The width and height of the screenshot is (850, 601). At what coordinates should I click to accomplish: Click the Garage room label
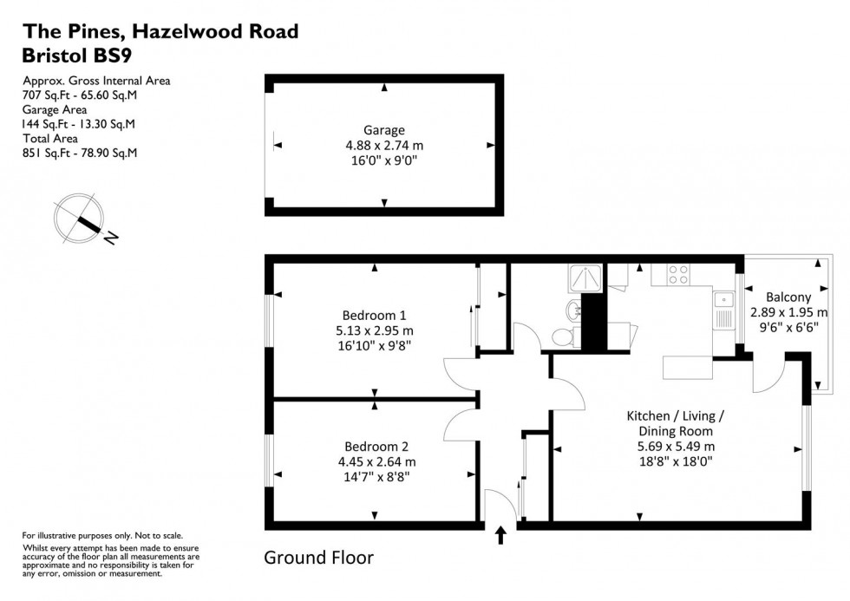tap(384, 131)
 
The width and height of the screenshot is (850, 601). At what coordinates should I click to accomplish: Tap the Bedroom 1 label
tap(374, 315)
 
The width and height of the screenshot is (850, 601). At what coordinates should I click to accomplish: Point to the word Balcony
tap(788, 297)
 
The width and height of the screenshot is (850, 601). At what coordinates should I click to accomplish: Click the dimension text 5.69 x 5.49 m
tap(674, 447)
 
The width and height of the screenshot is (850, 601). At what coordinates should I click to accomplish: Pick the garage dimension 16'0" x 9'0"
tap(384, 161)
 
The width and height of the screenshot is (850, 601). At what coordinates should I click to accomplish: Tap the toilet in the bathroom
tap(563, 336)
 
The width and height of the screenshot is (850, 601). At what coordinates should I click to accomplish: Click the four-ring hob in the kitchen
tap(677, 274)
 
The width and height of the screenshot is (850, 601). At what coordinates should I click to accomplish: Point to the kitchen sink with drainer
tap(723, 310)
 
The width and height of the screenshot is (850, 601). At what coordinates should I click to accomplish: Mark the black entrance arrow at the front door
tap(500, 535)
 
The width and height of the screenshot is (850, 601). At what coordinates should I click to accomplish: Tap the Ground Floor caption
tap(318, 557)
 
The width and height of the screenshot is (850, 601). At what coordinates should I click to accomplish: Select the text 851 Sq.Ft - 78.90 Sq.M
tap(80, 154)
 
